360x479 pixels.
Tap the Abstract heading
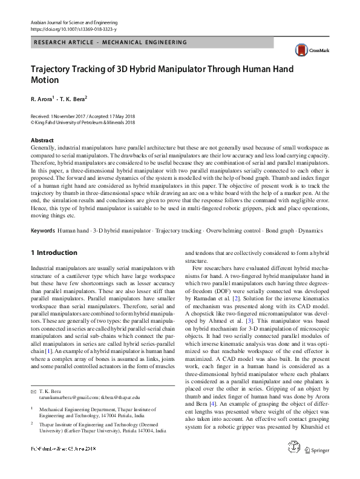point(42,140)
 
